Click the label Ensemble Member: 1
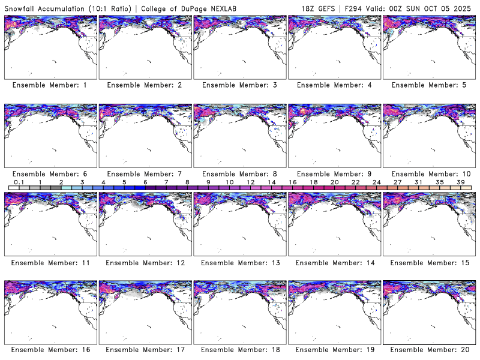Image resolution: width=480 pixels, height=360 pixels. [x=50, y=85]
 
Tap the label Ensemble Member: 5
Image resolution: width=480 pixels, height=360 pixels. [x=428, y=85]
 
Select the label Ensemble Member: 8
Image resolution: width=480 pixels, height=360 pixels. [x=239, y=174]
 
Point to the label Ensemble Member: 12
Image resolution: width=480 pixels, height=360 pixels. [x=145, y=262]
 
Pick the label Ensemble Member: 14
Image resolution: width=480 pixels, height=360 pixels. [x=334, y=262]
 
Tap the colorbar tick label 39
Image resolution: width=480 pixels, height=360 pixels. [x=460, y=182]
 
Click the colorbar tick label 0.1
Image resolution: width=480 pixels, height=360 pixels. [x=19, y=182]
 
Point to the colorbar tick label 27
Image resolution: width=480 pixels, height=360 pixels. [x=397, y=182]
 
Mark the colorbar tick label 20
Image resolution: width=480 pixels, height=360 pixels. [x=334, y=182]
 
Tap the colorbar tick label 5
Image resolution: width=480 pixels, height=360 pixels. [x=124, y=182]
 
